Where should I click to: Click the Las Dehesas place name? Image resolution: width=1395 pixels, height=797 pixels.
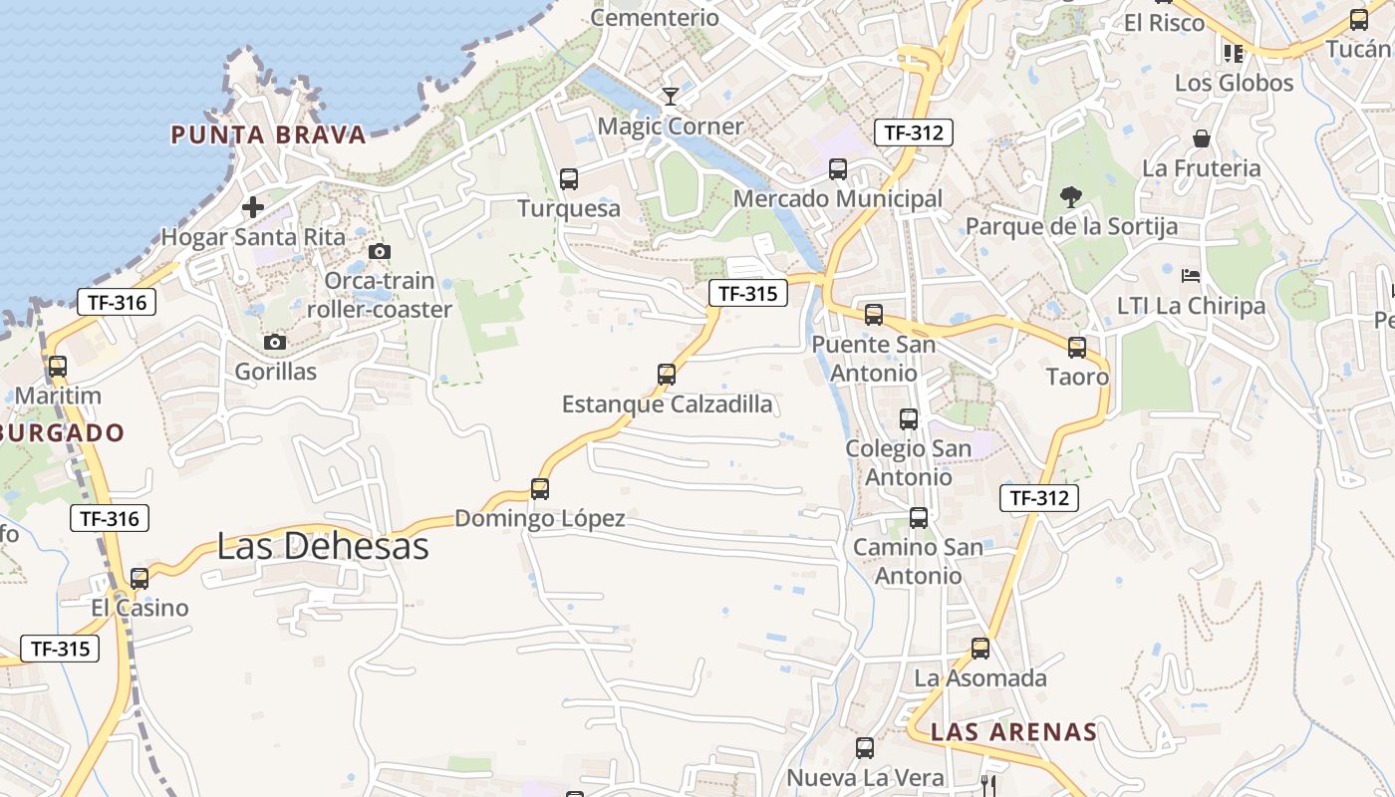pyautogui.click(x=322, y=546)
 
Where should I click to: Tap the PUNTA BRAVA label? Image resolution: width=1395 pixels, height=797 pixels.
pyautogui.click(x=269, y=134)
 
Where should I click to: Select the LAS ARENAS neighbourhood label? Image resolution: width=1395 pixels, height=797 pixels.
pyautogui.click(x=1013, y=732)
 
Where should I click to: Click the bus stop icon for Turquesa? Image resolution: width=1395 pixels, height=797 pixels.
pyautogui.click(x=569, y=179)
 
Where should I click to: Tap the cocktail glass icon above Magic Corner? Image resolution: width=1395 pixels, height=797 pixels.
pyautogui.click(x=671, y=97)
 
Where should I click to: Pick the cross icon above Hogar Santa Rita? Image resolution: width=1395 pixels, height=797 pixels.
pyautogui.click(x=253, y=207)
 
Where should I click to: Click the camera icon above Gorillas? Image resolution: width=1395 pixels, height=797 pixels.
pyautogui.click(x=275, y=343)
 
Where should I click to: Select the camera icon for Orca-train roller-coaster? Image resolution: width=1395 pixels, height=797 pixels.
pyautogui.click(x=380, y=251)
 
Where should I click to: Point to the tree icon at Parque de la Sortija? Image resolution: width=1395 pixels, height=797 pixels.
pyautogui.click(x=1071, y=196)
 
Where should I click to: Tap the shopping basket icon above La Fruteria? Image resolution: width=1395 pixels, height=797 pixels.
pyautogui.click(x=1202, y=138)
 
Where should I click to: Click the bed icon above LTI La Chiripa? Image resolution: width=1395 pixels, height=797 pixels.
pyautogui.click(x=1191, y=275)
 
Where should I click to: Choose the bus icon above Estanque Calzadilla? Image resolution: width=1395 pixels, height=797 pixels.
pyautogui.click(x=667, y=375)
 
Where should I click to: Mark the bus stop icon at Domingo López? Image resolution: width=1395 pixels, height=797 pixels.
pyautogui.click(x=540, y=489)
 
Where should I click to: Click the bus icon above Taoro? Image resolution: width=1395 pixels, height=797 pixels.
pyautogui.click(x=1077, y=348)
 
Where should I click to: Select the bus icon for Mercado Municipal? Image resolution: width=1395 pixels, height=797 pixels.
pyautogui.click(x=838, y=169)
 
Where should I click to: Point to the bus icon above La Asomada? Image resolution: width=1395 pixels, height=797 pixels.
pyautogui.click(x=980, y=649)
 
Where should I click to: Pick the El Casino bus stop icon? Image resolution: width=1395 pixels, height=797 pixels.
pyautogui.click(x=139, y=579)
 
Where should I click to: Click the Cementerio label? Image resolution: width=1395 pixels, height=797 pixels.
pyautogui.click(x=655, y=17)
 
